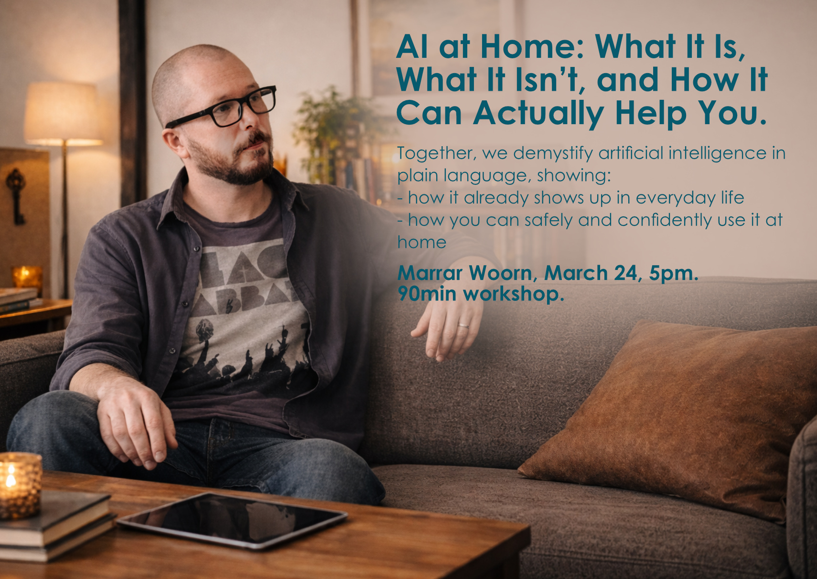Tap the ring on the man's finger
[x=463, y=325]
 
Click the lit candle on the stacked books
[x=20, y=484]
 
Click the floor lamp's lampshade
[x=63, y=113]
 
